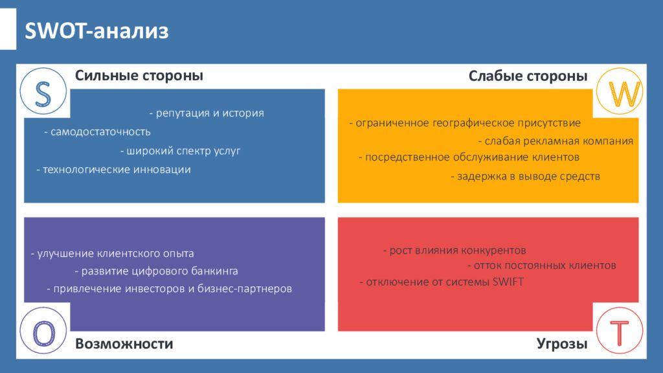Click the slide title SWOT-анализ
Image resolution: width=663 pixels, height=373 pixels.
(x=96, y=31)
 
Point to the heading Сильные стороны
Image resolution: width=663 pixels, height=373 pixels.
(x=139, y=76)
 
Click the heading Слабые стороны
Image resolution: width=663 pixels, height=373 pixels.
(x=528, y=76)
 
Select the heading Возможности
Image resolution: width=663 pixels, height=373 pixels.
(x=124, y=344)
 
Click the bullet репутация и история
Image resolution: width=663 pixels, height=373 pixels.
(x=207, y=113)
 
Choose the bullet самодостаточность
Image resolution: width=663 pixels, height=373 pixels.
(x=97, y=131)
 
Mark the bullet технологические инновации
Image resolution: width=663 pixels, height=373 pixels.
(x=114, y=169)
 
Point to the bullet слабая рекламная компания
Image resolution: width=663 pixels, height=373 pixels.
(x=556, y=141)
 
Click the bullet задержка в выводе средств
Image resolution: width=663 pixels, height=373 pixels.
(x=525, y=176)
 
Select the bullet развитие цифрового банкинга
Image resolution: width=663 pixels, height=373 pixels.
(x=156, y=271)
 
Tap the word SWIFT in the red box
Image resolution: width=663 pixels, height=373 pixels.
(x=508, y=282)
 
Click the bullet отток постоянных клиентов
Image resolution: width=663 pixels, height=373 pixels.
(x=542, y=265)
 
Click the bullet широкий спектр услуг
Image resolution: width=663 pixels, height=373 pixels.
(x=180, y=150)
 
